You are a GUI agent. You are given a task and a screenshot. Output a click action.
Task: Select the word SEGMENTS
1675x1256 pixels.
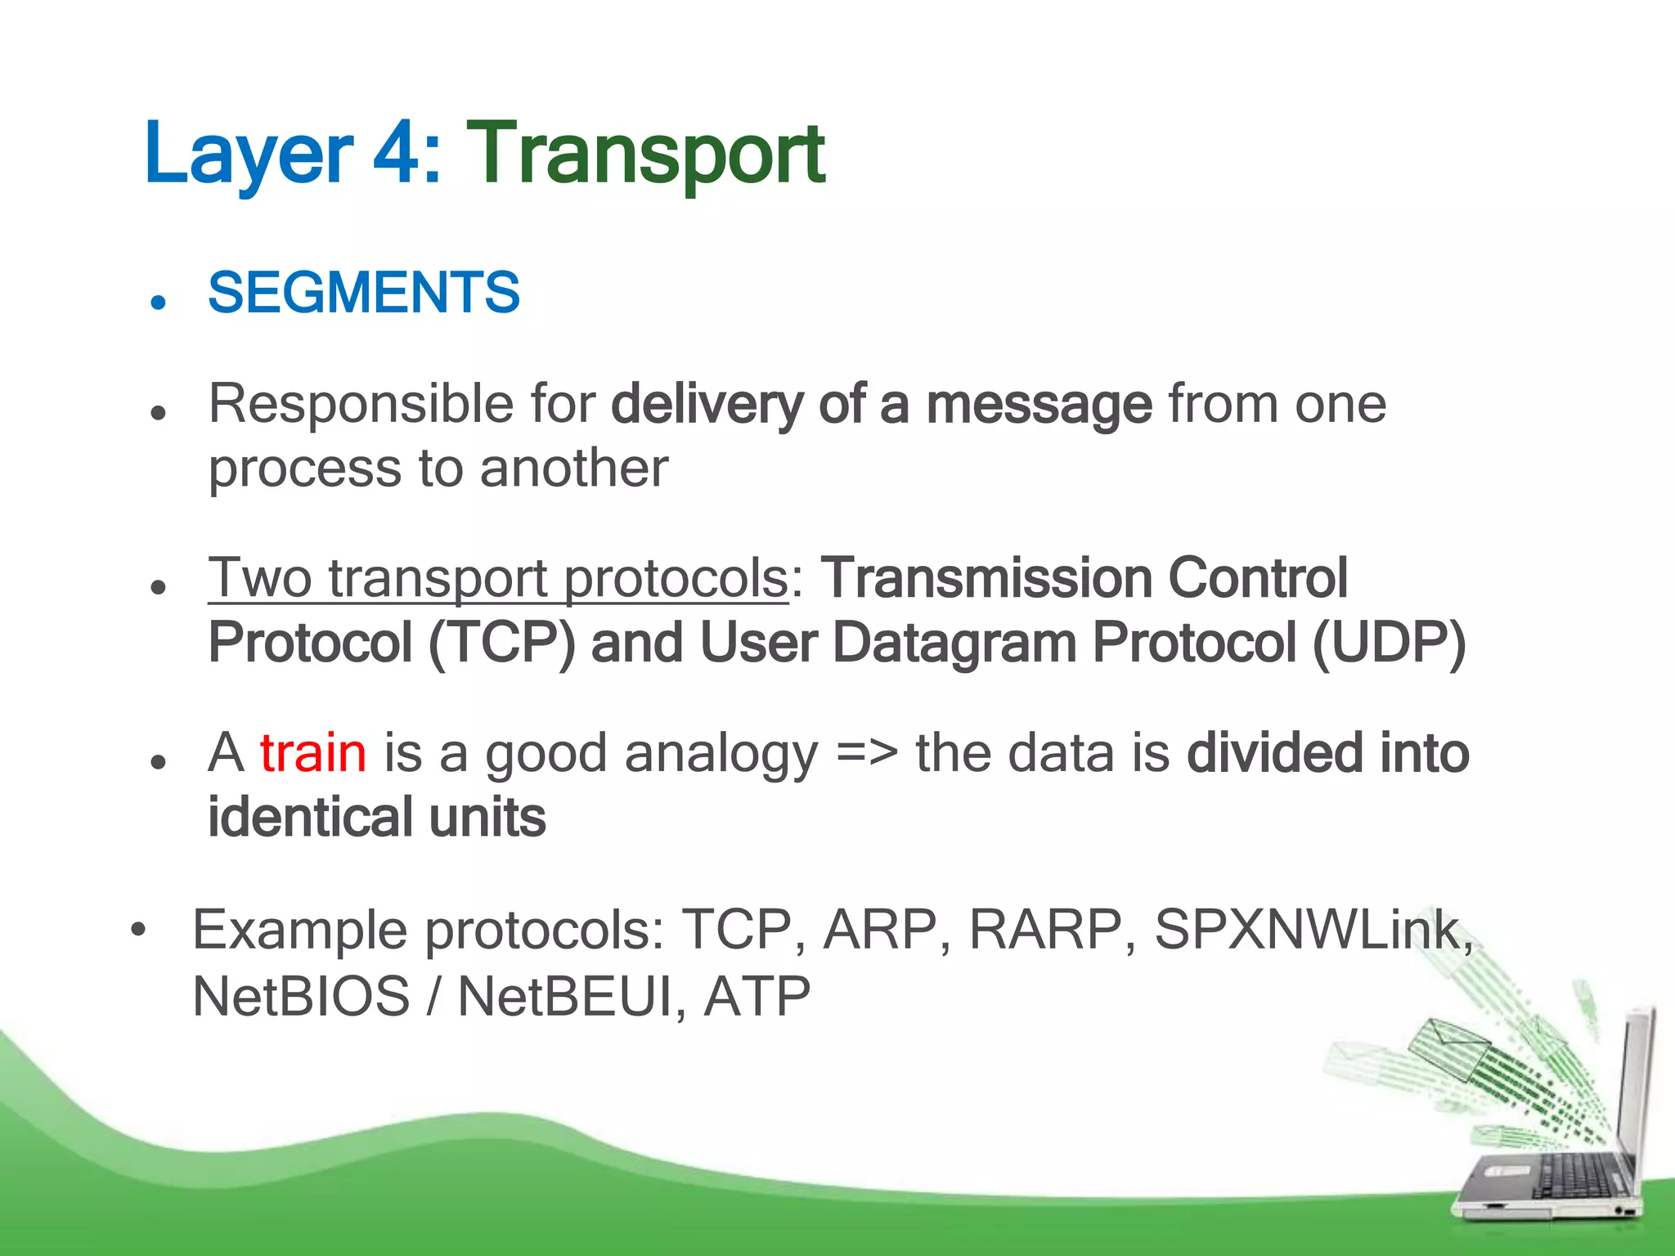click(x=364, y=293)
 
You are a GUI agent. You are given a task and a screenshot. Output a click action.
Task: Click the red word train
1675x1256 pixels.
click(x=313, y=753)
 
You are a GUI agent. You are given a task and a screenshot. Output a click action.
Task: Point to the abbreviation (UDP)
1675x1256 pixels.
click(x=1389, y=644)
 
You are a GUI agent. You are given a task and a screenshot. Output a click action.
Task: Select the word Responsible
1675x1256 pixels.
click(x=361, y=405)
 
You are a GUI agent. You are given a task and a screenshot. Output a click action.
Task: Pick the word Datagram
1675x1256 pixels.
click(x=954, y=644)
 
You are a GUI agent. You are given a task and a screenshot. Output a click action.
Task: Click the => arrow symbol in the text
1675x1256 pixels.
click(x=866, y=753)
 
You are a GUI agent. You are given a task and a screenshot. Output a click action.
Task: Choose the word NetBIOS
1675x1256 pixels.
click(x=301, y=997)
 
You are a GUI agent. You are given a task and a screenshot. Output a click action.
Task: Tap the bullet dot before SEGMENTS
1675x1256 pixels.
click(x=159, y=302)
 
